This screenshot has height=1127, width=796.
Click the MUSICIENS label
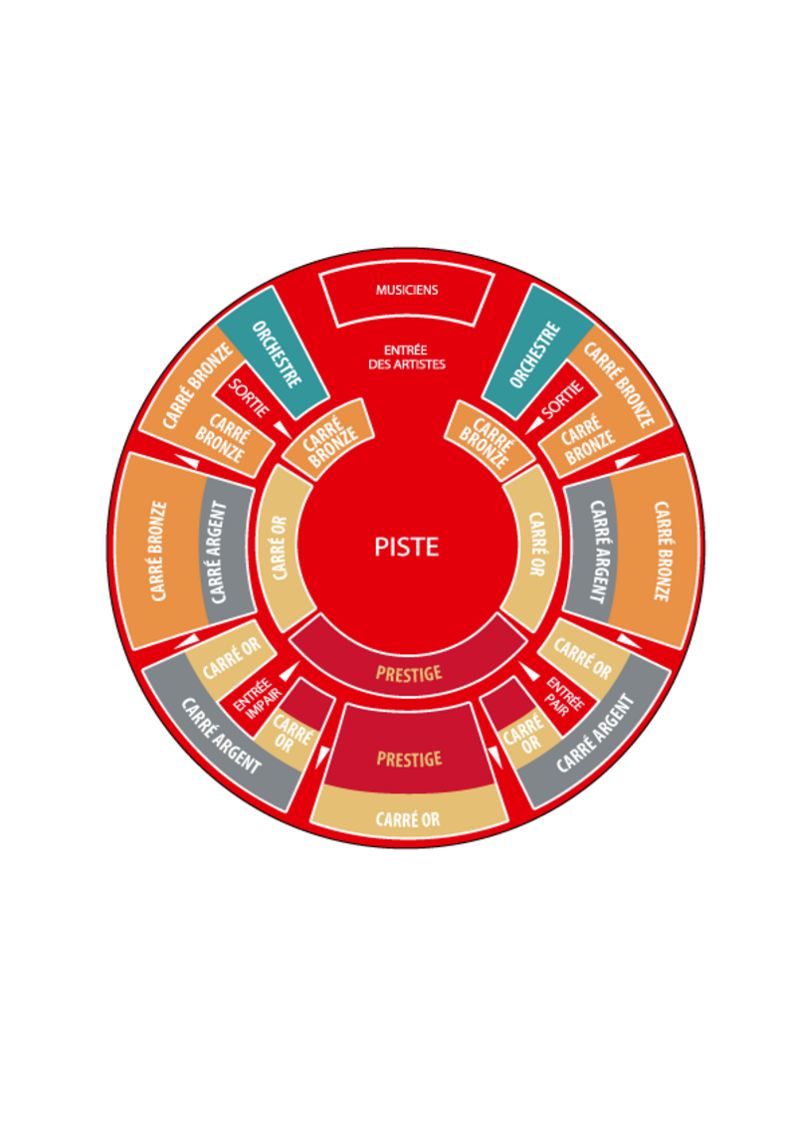[x=407, y=290]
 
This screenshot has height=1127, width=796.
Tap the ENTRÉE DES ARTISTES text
[x=407, y=357]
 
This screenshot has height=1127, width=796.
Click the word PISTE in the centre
[x=407, y=547]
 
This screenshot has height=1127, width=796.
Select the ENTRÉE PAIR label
[x=565, y=696]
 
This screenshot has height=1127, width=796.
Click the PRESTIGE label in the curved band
[x=409, y=673]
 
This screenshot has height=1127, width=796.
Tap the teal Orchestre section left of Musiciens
[x=274, y=353]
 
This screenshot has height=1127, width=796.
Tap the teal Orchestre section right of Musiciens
[x=537, y=352]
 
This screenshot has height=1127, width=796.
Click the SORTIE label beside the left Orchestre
[x=249, y=397]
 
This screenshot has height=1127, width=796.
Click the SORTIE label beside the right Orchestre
[x=563, y=400]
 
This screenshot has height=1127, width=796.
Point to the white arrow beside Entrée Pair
[x=528, y=671]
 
